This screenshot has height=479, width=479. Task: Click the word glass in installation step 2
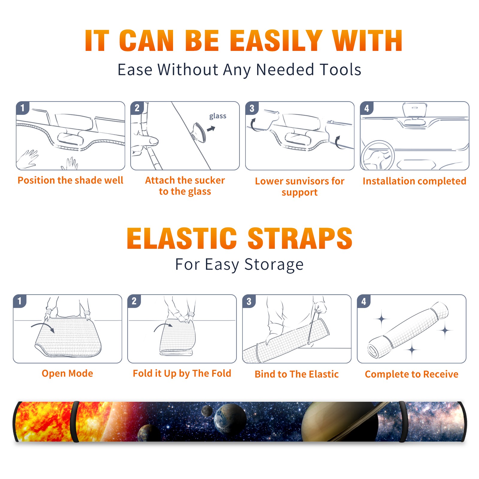point(218,116)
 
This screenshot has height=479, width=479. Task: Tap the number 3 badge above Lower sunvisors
point(252,108)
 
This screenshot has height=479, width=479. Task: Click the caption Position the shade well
point(70,180)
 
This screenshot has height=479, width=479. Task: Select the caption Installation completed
point(414,181)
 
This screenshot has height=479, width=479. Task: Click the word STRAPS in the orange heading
point(300,238)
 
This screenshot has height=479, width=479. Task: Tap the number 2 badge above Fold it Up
point(134,301)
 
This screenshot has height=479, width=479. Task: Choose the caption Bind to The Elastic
point(296,374)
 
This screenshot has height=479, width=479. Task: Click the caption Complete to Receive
point(412,374)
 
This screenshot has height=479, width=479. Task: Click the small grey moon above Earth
point(207,411)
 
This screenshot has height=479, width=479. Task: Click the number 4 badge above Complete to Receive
point(364,301)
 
